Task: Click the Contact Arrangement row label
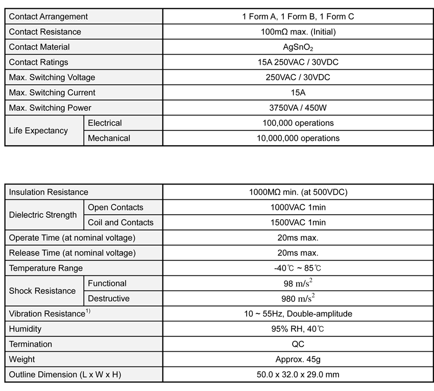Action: pyautogui.click(x=49, y=17)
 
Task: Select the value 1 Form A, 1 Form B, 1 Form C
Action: pyautogui.click(x=298, y=17)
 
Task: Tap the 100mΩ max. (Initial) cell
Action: pyautogui.click(x=298, y=32)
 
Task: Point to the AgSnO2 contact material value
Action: pyautogui.click(x=298, y=47)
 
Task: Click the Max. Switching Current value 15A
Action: pyautogui.click(x=298, y=93)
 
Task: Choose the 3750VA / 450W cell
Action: pyautogui.click(x=298, y=108)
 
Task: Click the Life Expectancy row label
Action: pyautogui.click(x=38, y=131)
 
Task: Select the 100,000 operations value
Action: pyautogui.click(x=298, y=123)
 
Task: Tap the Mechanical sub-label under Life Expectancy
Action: pyautogui.click(x=109, y=138)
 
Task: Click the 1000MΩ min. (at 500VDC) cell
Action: pyautogui.click(x=298, y=192)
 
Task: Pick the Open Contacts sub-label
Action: pyautogui.click(x=115, y=207)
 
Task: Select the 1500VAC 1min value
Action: pyautogui.click(x=298, y=222)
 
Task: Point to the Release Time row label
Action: pyautogui.click(x=72, y=253)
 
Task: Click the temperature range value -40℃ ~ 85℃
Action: pyautogui.click(x=298, y=268)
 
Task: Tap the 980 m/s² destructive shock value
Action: pyautogui.click(x=298, y=298)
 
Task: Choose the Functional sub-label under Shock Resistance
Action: pyautogui.click(x=107, y=283)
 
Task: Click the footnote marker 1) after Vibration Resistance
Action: pyautogui.click(x=88, y=311)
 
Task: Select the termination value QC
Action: pyautogui.click(x=298, y=344)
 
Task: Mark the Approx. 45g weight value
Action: pyautogui.click(x=298, y=359)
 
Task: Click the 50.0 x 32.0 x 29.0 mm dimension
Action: pyautogui.click(x=298, y=375)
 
